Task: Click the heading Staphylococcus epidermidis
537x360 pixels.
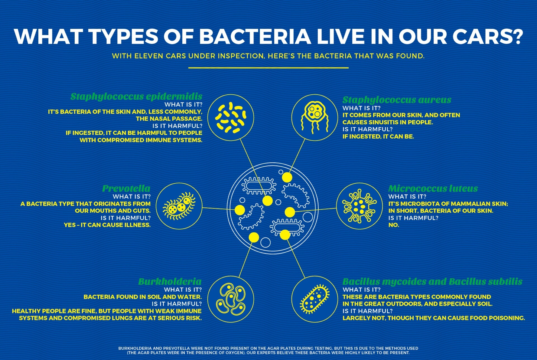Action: [x=136, y=97]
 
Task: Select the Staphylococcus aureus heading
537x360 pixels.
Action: [x=397, y=100]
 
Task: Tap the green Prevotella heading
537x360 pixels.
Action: [x=126, y=188]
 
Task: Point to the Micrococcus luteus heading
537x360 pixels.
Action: [x=433, y=188]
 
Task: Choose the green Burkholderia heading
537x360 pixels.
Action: [x=170, y=281]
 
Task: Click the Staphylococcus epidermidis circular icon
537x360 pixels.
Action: [x=231, y=117]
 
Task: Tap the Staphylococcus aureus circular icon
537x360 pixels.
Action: [x=315, y=117]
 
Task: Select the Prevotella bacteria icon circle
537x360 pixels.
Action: [x=179, y=206]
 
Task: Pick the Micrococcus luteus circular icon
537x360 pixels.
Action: [x=359, y=206]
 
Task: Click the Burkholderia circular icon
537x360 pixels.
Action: [x=231, y=299]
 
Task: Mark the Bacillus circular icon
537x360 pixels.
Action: [x=315, y=299]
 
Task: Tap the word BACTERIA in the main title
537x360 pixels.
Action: [x=255, y=36]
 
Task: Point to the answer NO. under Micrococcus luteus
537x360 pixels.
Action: [x=394, y=225]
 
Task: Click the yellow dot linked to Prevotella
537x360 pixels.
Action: [x=240, y=210]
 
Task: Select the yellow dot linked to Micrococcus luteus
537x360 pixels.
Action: [x=290, y=212]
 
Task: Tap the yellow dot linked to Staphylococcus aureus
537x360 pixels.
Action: [x=287, y=177]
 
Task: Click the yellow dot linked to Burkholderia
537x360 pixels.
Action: [x=254, y=237]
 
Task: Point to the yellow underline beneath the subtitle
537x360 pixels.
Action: [x=268, y=68]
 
